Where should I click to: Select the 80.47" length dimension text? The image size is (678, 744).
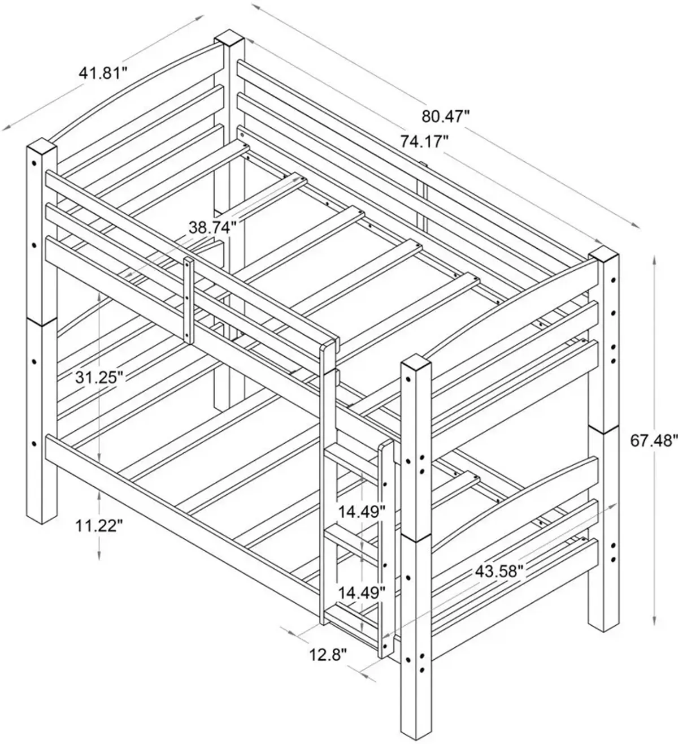click(446, 117)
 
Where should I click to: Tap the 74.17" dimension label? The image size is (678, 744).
click(424, 141)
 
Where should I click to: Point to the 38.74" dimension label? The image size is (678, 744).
click(212, 227)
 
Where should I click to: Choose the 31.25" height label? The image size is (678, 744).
click(99, 378)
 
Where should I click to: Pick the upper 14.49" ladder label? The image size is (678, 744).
click(362, 512)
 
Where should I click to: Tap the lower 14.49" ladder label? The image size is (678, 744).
click(362, 603)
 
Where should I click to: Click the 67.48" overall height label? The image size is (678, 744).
click(654, 441)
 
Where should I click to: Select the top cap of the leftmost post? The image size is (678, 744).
click(41, 145)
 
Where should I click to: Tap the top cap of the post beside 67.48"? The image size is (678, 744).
click(604, 256)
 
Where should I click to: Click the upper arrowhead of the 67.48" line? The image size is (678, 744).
click(655, 262)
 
